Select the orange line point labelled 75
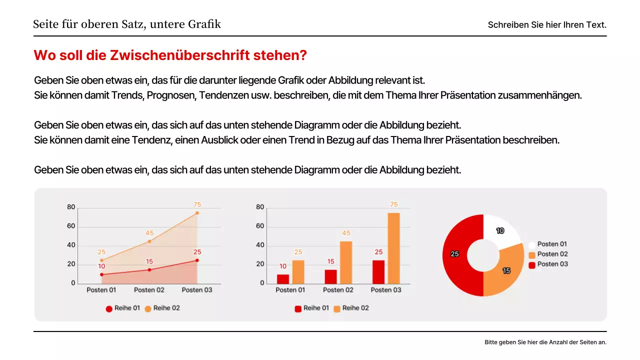(x=197, y=213)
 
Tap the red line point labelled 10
(x=101, y=274)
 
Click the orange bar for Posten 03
(x=393, y=248)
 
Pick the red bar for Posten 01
(x=283, y=279)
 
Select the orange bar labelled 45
(x=346, y=262)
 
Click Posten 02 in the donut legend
(x=552, y=254)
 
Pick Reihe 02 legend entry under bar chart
(x=355, y=308)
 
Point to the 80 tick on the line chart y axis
(x=71, y=207)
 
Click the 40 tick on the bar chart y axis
(x=260, y=245)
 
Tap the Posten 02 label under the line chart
(x=149, y=290)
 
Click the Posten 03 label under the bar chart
(x=386, y=290)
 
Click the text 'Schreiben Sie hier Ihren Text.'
(x=547, y=25)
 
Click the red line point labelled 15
(x=149, y=270)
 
